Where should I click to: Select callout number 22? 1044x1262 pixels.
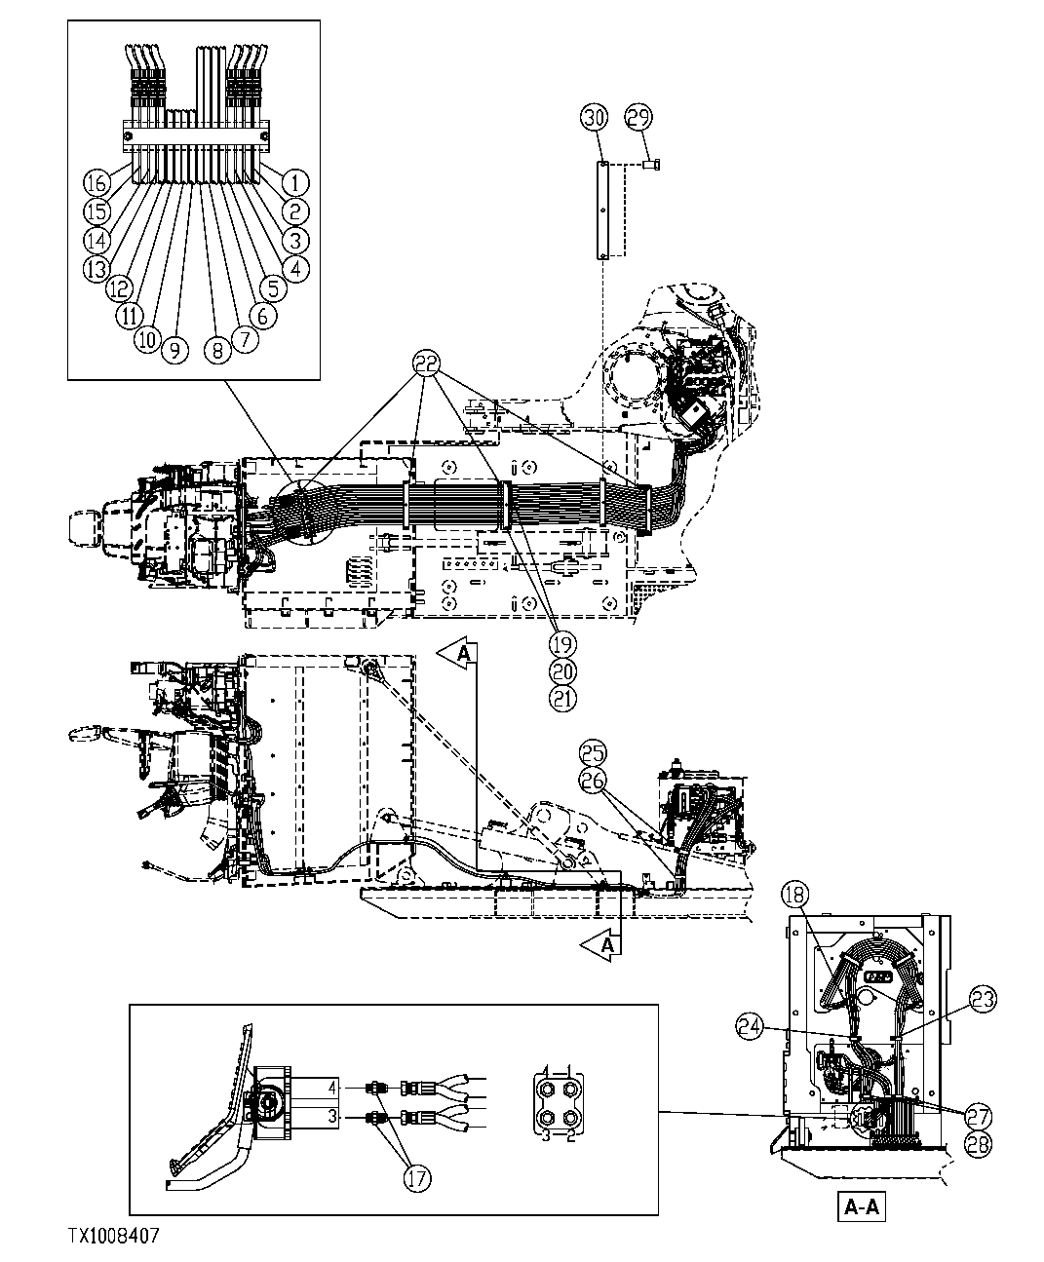[426, 363]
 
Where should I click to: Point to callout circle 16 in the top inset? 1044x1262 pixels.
[95, 182]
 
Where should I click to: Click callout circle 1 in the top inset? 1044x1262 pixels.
[295, 181]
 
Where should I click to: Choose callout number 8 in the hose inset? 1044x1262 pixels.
[217, 349]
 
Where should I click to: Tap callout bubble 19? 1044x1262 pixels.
[563, 644]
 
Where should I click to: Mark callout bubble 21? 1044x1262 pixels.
[563, 698]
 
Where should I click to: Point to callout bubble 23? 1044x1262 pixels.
[983, 997]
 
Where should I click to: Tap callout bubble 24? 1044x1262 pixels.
[750, 1024]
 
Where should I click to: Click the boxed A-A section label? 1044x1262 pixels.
[860, 1208]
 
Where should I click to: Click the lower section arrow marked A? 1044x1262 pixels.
[601, 944]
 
